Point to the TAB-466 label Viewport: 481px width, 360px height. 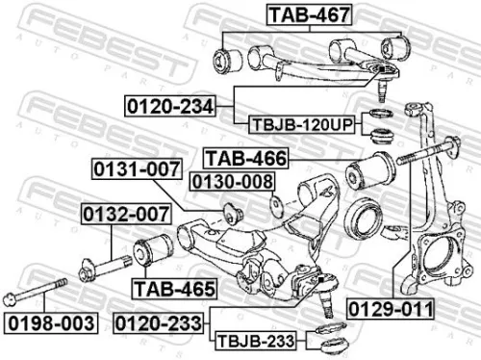(x=245, y=157)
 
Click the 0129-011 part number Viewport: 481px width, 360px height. (x=390, y=308)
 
